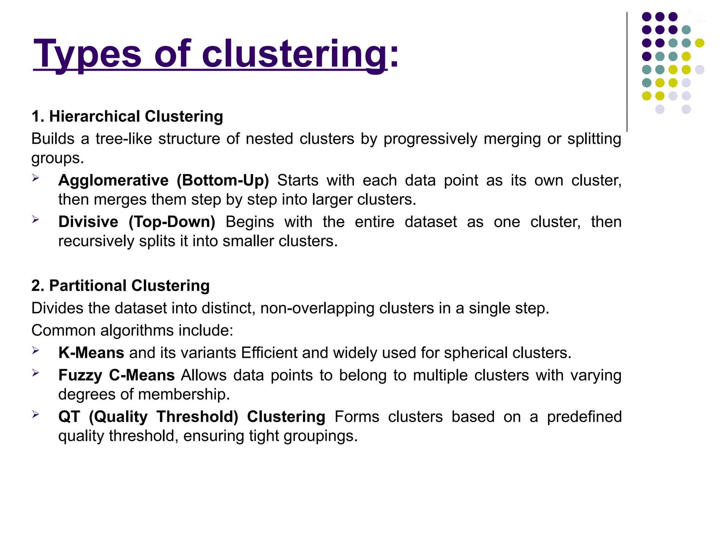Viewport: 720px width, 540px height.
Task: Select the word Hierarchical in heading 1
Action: [95, 116]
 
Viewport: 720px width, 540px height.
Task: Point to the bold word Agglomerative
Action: [113, 180]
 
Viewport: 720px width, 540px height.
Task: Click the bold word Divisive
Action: [88, 222]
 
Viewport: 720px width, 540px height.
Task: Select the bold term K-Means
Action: [91, 353]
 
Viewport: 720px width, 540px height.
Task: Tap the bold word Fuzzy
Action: [80, 375]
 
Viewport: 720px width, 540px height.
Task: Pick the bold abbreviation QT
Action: [69, 417]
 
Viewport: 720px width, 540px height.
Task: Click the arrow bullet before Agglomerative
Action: [36, 178]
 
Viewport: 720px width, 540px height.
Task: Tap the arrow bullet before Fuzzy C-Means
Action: [36, 373]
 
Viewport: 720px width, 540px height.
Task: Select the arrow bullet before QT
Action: [36, 414]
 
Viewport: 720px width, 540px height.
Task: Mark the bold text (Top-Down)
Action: [172, 222]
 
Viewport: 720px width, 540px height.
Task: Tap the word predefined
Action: [584, 417]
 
